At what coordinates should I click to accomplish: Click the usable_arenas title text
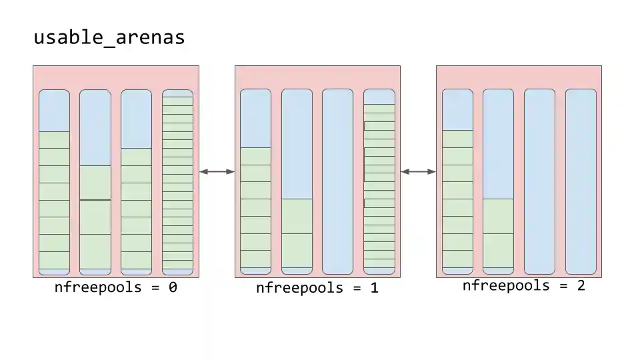109,38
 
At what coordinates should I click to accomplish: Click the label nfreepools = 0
115,288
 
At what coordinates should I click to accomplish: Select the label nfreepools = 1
317,289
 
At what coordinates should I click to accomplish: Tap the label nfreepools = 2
523,286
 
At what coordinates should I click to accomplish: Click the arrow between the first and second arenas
217,172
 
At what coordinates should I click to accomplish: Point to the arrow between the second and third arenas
418,172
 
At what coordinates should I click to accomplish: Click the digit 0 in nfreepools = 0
172,288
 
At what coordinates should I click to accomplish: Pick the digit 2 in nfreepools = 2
581,286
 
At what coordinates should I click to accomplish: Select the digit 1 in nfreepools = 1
374,289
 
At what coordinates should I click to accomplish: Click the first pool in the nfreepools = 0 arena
54,182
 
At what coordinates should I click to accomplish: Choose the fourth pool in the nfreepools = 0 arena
177,182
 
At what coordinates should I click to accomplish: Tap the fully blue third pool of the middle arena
337,181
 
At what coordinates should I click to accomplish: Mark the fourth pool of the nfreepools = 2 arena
581,181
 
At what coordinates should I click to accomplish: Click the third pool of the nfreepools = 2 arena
539,181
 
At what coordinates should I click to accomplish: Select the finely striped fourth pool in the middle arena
379,181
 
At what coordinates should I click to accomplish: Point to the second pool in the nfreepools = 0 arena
95,182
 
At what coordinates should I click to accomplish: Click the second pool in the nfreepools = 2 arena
498,181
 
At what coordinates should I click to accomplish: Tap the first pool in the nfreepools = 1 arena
255,181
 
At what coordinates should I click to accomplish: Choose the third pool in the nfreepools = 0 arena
136,182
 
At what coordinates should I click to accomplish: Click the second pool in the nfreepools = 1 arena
297,181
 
